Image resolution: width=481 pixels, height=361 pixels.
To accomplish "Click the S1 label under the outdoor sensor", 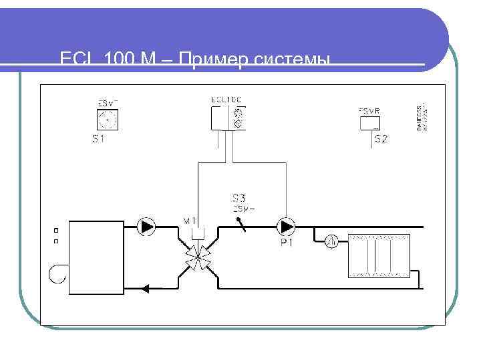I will coord(99,140).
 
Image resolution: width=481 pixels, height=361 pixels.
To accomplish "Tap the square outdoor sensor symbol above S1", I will coord(107,120).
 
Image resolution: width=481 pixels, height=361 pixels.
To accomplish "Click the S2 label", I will coord(381,139).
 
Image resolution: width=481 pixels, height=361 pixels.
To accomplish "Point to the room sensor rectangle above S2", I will coord(370,119).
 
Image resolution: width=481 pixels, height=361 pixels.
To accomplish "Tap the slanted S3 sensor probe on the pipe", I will coord(241,223).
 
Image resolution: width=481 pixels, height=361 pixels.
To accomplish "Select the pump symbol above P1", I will coord(287,227).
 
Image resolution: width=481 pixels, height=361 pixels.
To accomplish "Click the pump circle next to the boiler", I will coord(146,227).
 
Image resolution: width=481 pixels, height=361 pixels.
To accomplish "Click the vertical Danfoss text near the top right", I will coord(422,117).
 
